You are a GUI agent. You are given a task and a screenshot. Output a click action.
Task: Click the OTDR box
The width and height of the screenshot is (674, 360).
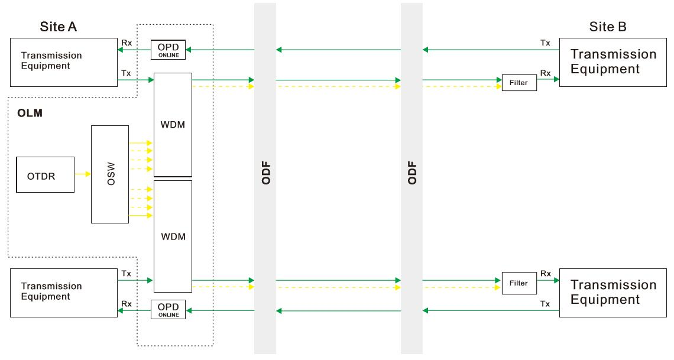click(46, 174)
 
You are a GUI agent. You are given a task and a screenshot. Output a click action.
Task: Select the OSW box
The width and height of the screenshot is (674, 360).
click(110, 174)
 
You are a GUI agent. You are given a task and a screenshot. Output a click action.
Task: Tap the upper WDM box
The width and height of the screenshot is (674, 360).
click(173, 125)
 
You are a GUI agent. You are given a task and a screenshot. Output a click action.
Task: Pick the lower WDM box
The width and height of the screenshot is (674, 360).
click(173, 236)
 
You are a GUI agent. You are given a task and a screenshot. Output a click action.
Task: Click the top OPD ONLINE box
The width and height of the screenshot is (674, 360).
click(168, 50)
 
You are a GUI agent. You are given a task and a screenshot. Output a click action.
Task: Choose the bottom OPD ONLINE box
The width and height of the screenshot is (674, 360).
click(168, 309)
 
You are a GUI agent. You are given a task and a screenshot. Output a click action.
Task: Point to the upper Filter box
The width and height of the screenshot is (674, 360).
click(519, 83)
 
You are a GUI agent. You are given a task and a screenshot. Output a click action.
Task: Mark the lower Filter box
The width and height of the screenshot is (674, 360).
click(519, 283)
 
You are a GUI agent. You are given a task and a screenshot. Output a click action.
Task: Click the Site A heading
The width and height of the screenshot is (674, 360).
click(59, 27)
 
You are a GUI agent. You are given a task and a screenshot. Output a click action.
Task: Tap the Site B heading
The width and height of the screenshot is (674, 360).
click(608, 27)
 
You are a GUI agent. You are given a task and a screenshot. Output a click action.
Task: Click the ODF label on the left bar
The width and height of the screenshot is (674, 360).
click(265, 173)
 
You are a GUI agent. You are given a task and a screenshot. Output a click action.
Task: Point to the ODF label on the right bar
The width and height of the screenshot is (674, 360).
click(412, 173)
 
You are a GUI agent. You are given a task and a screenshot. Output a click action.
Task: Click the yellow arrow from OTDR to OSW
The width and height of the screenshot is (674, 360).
click(83, 174)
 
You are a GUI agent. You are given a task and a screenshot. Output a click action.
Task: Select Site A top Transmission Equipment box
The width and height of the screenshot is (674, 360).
click(64, 63)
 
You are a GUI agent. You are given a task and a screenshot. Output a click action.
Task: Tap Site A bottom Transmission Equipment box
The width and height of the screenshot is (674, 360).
click(64, 291)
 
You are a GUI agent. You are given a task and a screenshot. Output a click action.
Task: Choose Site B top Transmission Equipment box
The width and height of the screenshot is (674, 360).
click(613, 63)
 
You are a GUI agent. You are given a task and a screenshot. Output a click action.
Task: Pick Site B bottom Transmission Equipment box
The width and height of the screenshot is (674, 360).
click(613, 292)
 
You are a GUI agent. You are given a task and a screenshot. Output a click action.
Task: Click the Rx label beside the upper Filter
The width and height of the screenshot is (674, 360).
click(546, 74)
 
